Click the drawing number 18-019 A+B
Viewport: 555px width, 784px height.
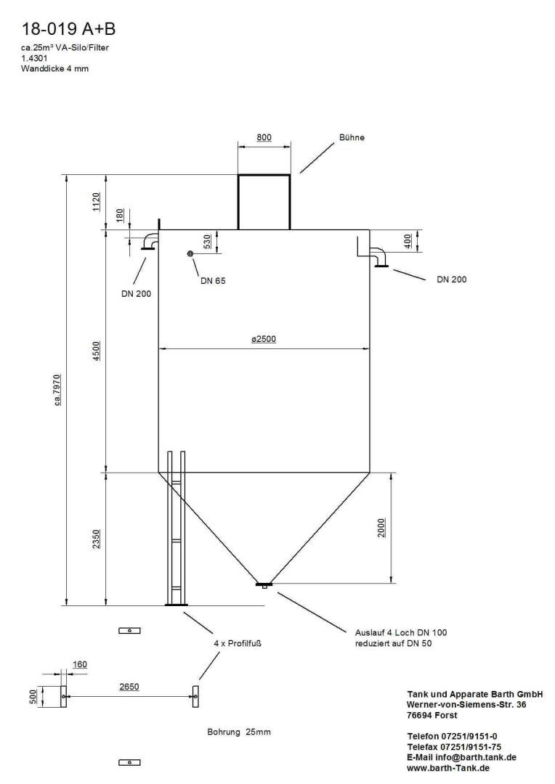pos(69,29)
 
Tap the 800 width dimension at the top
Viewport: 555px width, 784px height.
pos(264,137)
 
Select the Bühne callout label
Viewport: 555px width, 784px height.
pos(352,137)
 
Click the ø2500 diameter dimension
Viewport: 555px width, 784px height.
pos(264,339)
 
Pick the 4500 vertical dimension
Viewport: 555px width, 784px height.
pos(97,351)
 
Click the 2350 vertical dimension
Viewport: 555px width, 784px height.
pos(97,539)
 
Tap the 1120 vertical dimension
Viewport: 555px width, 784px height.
pos(97,202)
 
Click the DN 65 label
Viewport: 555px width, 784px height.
pos(213,281)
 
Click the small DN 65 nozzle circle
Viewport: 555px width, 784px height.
pos(190,253)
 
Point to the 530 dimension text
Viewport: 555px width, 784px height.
pos(207,241)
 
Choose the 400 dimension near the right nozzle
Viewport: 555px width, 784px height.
pos(408,240)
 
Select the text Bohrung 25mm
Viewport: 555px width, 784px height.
pos(239,732)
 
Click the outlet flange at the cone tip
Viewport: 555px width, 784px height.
pos(264,584)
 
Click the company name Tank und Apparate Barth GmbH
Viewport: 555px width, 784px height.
pos(475,695)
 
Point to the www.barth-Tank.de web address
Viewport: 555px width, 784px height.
pos(447,767)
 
